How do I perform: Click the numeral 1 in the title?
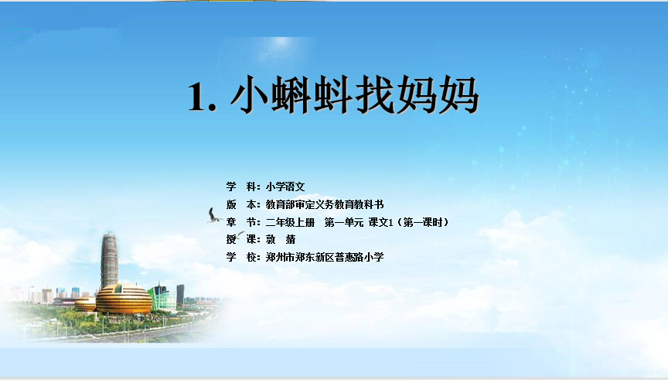tap(197, 97)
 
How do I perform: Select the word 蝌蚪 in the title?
tap(312, 94)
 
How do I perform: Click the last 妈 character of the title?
tap(458, 94)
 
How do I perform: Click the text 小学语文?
tap(285, 187)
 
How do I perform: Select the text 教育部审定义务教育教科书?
tap(325, 205)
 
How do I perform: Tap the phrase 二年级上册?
tap(290, 222)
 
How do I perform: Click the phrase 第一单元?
tap(344, 222)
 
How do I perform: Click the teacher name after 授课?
tap(281, 239)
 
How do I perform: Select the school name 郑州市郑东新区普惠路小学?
tap(325, 257)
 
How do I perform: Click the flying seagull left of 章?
tap(214, 215)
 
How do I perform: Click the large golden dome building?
tap(124, 299)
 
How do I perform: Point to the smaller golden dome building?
tap(86, 304)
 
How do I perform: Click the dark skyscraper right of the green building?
tap(180, 295)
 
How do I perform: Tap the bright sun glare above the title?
tap(281, 44)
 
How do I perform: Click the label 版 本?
tap(243, 205)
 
